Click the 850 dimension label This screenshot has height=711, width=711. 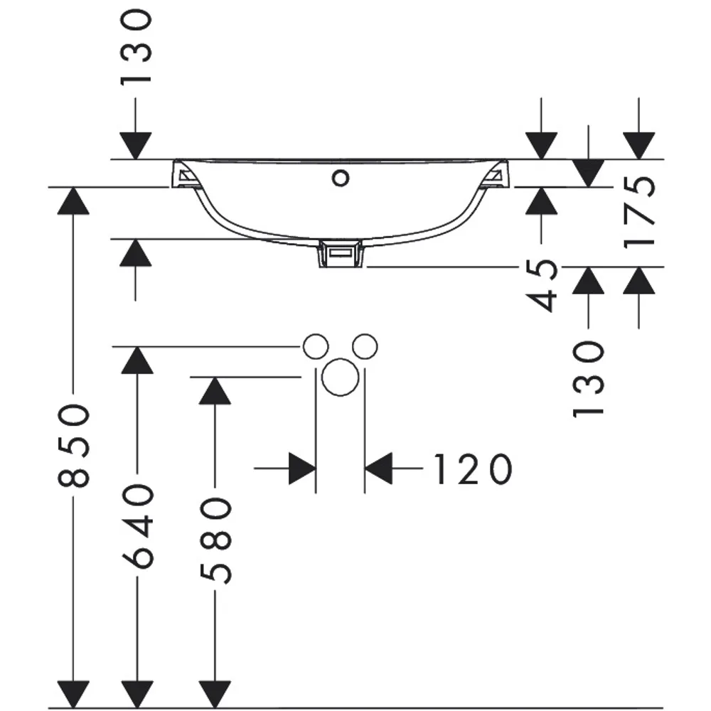(x=74, y=446)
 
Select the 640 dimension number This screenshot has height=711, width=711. (x=138, y=526)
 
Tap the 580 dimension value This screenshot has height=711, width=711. (x=215, y=540)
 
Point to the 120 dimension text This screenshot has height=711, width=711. (x=474, y=469)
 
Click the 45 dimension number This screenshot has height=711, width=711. (x=541, y=285)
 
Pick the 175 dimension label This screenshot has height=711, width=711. (x=639, y=212)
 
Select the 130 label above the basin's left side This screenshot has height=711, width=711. (x=135, y=48)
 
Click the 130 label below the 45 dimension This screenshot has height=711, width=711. (x=589, y=380)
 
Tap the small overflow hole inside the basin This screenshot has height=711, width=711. (x=341, y=178)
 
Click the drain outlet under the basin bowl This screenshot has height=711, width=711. (x=341, y=255)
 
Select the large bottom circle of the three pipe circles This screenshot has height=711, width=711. (x=340, y=378)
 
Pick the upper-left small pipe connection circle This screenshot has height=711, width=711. (x=316, y=347)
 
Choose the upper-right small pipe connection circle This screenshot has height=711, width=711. (x=365, y=347)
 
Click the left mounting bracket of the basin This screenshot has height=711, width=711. (x=186, y=175)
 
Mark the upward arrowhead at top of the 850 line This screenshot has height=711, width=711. (x=73, y=200)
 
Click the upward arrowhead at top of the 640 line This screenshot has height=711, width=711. (x=137, y=360)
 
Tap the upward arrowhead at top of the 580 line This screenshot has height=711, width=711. (x=215, y=390)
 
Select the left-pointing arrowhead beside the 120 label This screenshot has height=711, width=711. (x=379, y=468)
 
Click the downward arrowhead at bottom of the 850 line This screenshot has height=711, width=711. (x=73, y=694)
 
